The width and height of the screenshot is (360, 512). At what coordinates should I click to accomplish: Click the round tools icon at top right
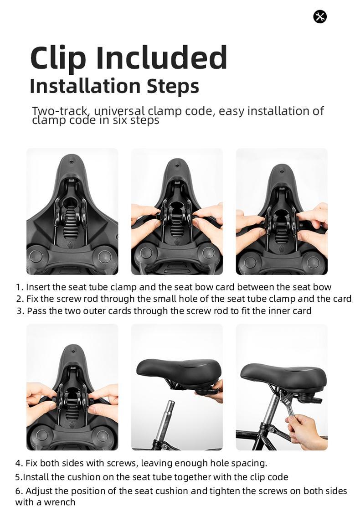[320, 17]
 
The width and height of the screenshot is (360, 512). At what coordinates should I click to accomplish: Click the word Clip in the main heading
[58, 58]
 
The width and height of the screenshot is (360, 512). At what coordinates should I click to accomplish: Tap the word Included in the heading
[161, 58]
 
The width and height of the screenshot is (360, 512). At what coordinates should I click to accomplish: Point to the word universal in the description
[119, 111]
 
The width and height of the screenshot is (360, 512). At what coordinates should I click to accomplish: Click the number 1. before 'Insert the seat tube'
[19, 287]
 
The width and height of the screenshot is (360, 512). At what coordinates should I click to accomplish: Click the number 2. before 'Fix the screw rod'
[19, 299]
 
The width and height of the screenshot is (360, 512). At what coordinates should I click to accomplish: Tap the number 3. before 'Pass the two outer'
[20, 311]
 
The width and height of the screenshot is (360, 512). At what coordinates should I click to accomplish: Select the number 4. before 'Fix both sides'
[19, 463]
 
